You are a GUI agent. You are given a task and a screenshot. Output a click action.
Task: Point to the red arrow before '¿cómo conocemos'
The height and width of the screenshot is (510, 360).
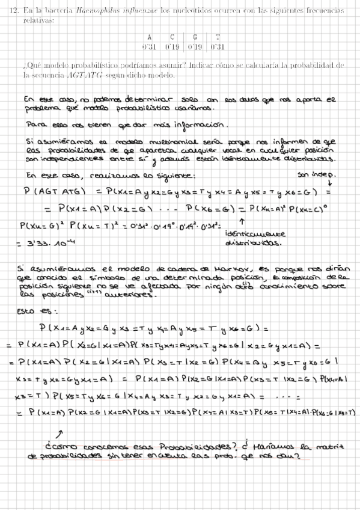pyautogui.click(x=60, y=433)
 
